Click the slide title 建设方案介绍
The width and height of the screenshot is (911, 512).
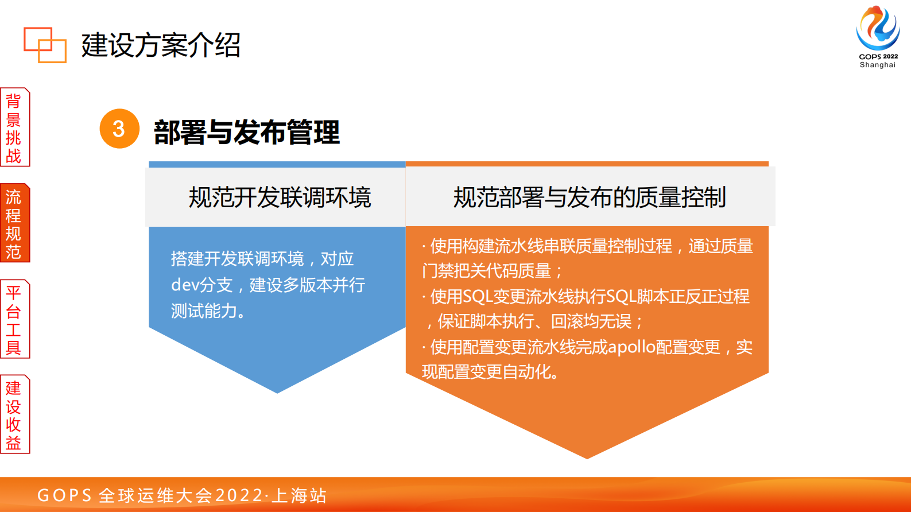[161, 45]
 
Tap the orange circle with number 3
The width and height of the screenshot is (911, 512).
[119, 129]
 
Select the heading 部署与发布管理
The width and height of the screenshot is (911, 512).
[247, 132]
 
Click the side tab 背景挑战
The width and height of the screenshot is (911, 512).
[14, 127]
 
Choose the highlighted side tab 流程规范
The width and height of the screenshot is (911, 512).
[14, 224]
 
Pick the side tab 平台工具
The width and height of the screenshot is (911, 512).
[14, 320]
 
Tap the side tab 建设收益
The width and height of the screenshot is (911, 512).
[14, 415]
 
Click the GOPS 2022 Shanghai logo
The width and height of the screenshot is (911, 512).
[878, 36]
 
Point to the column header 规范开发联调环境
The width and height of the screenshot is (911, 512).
[280, 197]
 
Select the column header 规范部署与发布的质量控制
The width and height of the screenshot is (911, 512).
[590, 197]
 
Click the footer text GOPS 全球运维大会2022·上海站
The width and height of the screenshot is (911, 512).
[182, 495]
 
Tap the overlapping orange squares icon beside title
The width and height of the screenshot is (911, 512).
[45, 45]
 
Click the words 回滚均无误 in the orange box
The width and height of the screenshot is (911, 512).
[591, 321]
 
